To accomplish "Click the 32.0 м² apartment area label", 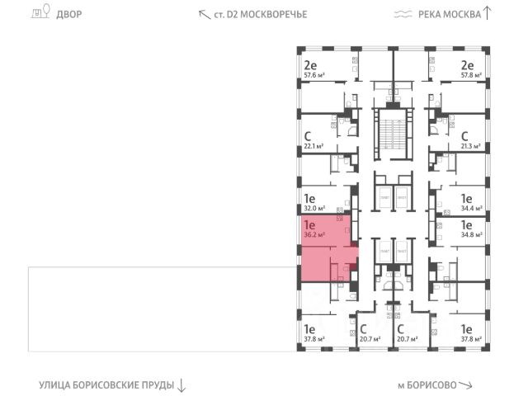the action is (313, 210).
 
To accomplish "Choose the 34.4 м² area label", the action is (472, 210).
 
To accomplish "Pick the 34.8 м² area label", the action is (472, 234).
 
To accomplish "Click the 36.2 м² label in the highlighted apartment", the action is (313, 234).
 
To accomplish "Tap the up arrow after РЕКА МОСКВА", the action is (488, 12).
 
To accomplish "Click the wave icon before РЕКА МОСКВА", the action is (403, 14).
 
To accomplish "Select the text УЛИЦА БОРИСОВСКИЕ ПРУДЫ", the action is (106, 384).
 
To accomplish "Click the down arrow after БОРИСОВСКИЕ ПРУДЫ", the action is (182, 384).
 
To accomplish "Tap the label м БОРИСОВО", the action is (426, 384).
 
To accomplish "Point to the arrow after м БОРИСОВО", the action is (466, 384).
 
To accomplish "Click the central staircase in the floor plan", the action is (392, 135).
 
